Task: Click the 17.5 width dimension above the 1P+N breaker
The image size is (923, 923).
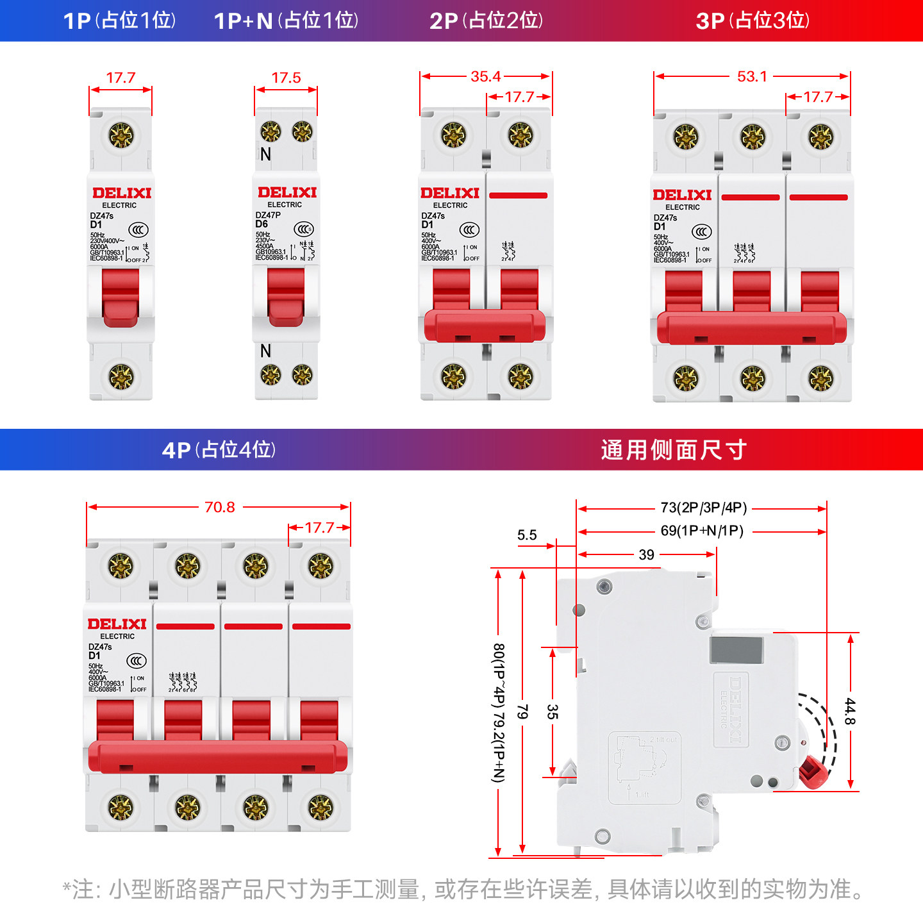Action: tap(286, 78)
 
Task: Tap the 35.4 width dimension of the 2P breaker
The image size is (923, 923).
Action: tap(485, 77)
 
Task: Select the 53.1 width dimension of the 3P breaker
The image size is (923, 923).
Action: tap(752, 77)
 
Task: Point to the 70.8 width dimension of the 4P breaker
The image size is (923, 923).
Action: tap(220, 508)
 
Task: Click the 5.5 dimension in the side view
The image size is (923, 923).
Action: tap(527, 535)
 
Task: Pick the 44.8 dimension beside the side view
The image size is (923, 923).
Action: tap(850, 711)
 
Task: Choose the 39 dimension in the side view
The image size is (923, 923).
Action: tap(646, 555)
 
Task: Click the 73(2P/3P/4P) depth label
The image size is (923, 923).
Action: tap(704, 508)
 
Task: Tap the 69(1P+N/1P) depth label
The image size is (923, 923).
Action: tap(702, 531)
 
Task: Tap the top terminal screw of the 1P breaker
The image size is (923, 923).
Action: tap(121, 136)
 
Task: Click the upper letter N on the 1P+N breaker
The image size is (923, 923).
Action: tap(266, 154)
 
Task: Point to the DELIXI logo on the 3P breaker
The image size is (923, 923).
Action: tap(682, 195)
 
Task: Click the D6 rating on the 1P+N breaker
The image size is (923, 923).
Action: tap(262, 224)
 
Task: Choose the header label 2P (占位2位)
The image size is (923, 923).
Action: tap(486, 21)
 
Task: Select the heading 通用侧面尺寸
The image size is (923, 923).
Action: tap(674, 450)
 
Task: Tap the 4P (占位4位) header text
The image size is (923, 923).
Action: tap(219, 450)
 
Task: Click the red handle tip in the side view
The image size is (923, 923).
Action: tap(812, 772)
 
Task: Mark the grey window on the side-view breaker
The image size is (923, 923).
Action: tap(736, 650)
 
